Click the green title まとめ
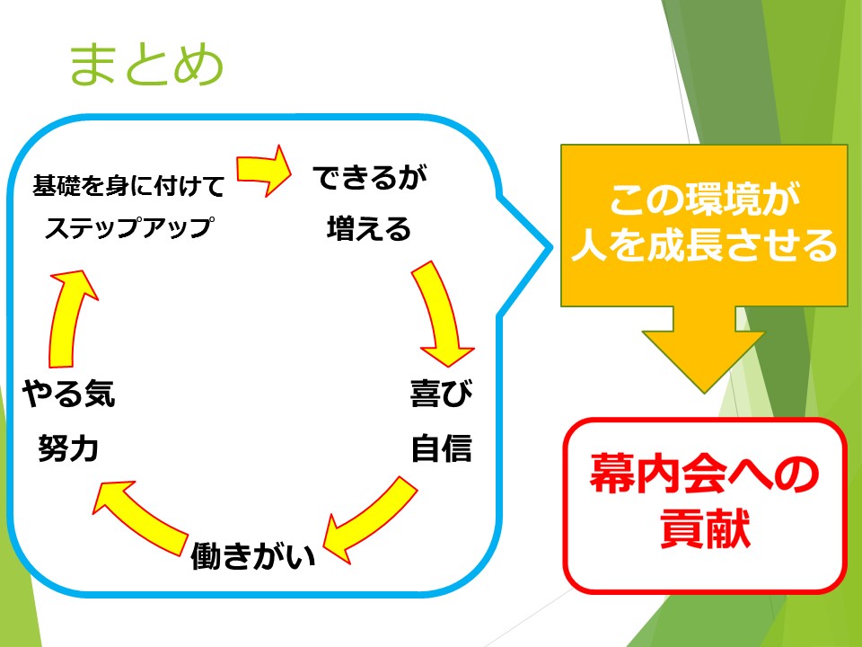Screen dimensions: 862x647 (x=146, y=65)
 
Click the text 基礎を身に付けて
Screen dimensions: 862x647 (x=128, y=185)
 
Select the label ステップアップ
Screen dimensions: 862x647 (x=129, y=226)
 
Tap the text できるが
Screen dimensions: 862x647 (x=370, y=178)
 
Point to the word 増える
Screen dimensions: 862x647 (x=369, y=228)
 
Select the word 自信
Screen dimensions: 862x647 (x=442, y=448)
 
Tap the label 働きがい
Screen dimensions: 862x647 (x=253, y=555)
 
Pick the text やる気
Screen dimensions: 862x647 (x=69, y=394)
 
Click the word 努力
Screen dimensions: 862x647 (x=68, y=448)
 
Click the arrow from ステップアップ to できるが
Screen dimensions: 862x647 (x=264, y=170)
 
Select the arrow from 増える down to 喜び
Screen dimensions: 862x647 (x=443, y=314)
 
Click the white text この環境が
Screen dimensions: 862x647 (x=704, y=199)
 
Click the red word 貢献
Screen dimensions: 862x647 (x=705, y=527)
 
